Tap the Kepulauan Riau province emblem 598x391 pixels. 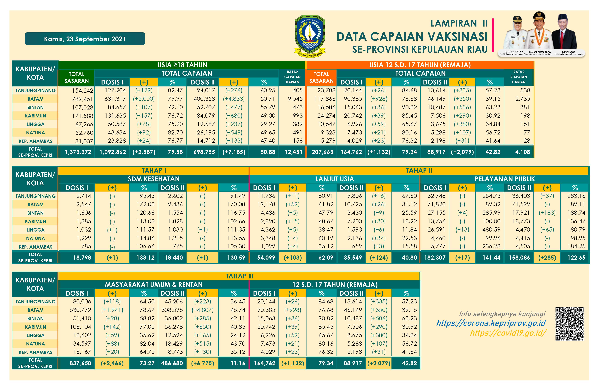click(x=310, y=36)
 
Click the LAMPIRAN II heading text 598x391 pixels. click(x=459, y=23)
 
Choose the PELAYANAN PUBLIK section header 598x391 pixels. click(x=504, y=179)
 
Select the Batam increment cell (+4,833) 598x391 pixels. click(x=234, y=99)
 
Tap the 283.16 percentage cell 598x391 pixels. click(x=576, y=196)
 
